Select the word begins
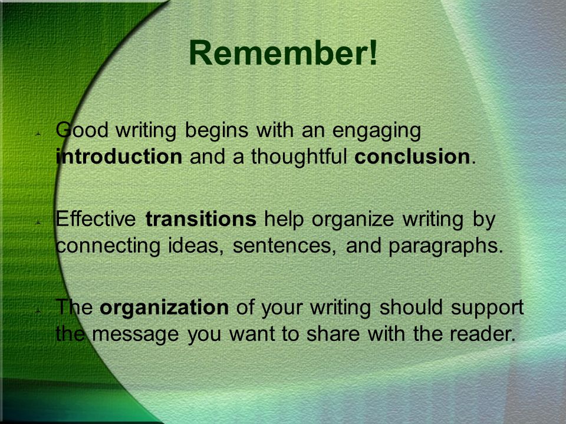(x=216, y=131)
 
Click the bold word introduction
(x=119, y=157)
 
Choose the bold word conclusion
(x=412, y=157)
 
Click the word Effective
(x=96, y=218)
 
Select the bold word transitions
(x=200, y=218)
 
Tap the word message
(x=136, y=335)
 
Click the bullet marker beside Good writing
(x=38, y=134)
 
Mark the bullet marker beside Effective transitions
(x=38, y=223)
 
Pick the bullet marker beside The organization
(x=38, y=311)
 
